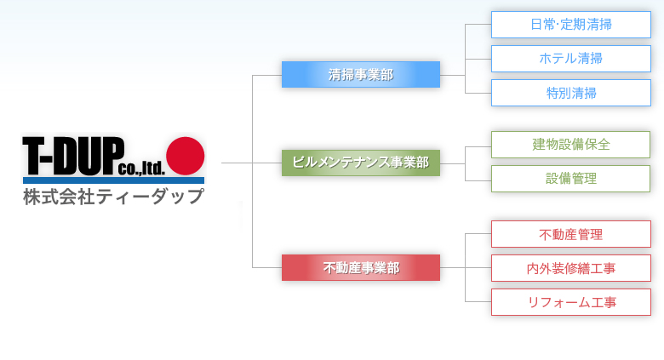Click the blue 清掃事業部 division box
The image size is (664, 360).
point(361,75)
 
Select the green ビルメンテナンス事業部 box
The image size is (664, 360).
point(361,163)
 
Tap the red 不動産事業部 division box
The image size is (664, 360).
point(361,268)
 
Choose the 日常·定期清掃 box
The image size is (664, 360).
point(571,25)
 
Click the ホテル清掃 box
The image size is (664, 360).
point(571,59)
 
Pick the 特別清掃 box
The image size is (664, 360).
point(571,93)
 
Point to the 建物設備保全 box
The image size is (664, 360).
point(570,145)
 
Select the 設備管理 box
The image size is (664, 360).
point(570,179)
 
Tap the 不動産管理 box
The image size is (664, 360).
point(571,234)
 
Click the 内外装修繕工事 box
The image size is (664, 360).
point(571,268)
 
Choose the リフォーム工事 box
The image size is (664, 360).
point(571,302)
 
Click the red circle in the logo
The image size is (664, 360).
point(185,156)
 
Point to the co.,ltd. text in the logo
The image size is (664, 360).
point(141,169)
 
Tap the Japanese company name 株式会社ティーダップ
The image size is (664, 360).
point(113,197)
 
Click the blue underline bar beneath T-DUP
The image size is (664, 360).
point(113,180)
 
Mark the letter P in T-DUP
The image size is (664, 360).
point(113,156)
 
